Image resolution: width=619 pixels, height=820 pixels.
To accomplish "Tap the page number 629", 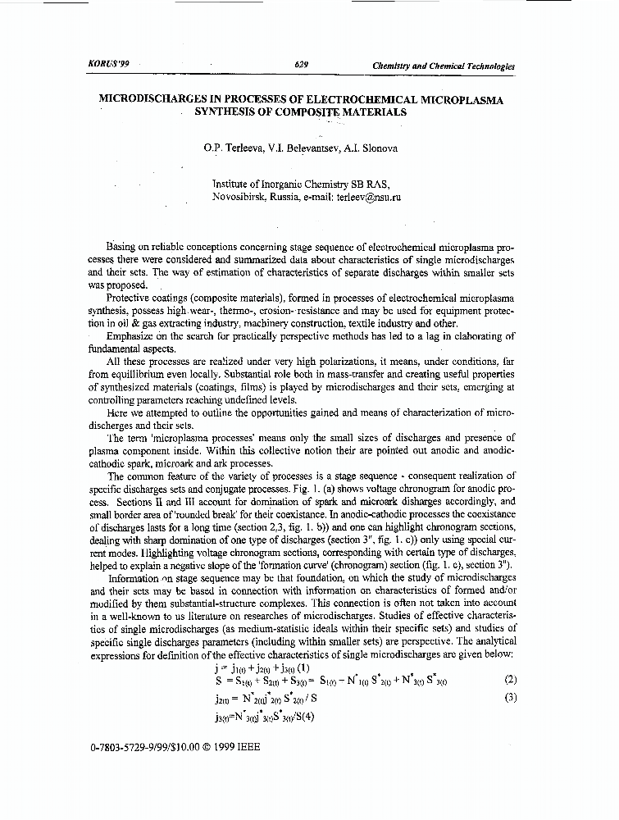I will (299, 65).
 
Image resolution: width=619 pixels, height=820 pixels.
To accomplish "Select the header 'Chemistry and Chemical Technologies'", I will (443, 66).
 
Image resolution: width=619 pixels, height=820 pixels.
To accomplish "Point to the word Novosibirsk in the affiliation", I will (242, 198).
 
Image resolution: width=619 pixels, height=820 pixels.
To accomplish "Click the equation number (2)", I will (511, 680).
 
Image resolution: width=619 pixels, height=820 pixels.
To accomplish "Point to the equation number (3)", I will (511, 698).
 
